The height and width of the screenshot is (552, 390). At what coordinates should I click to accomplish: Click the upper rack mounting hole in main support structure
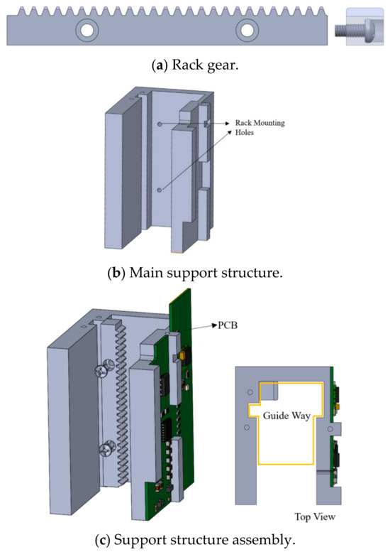160,124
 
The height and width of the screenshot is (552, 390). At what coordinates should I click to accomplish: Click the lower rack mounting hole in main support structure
160,190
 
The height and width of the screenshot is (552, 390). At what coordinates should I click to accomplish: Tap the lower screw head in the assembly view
107,448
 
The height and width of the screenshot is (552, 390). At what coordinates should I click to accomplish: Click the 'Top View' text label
316,516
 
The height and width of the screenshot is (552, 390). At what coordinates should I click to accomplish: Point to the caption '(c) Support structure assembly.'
194,541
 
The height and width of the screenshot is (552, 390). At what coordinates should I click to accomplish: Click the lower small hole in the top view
246,428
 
